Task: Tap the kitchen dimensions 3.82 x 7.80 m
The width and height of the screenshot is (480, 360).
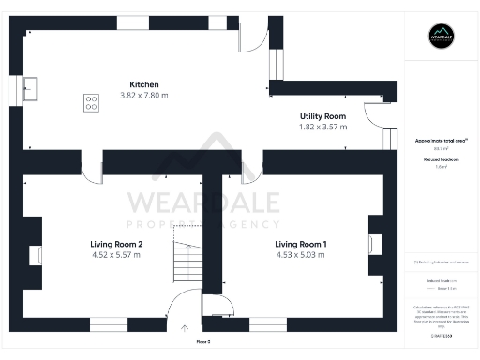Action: [x=143, y=96]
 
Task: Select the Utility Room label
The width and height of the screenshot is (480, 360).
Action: [x=322, y=115]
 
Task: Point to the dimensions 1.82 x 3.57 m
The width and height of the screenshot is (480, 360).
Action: [x=322, y=127]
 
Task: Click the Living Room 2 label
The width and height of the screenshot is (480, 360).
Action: [x=116, y=244]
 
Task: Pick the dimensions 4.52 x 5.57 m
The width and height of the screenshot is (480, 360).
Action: [x=116, y=255]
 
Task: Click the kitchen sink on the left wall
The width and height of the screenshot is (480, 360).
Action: [x=30, y=89]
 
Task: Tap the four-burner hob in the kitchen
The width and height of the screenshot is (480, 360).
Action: [x=92, y=102]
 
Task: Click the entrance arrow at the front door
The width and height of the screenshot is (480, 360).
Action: [x=184, y=327]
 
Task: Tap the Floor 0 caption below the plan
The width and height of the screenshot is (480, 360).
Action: [x=202, y=343]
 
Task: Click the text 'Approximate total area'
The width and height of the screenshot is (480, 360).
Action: [x=441, y=140]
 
